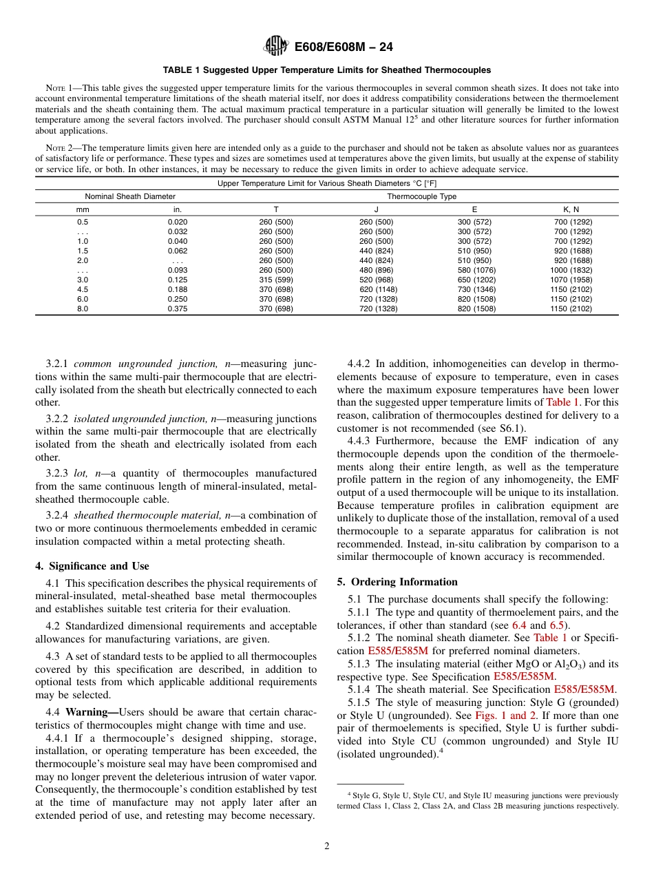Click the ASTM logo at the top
coord(277,47)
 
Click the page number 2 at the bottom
coord(327,846)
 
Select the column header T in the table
coord(275,209)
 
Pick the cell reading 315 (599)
coord(275,280)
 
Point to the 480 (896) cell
coord(376,271)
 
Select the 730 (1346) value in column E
coord(474,290)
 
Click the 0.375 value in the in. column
coord(178,309)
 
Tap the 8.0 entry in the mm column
coord(82,309)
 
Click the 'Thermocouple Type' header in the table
coord(421,196)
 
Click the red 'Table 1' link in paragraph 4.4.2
coord(562,402)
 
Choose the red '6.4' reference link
coord(520,625)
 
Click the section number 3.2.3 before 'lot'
coord(59,474)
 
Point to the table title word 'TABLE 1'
coord(182,70)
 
